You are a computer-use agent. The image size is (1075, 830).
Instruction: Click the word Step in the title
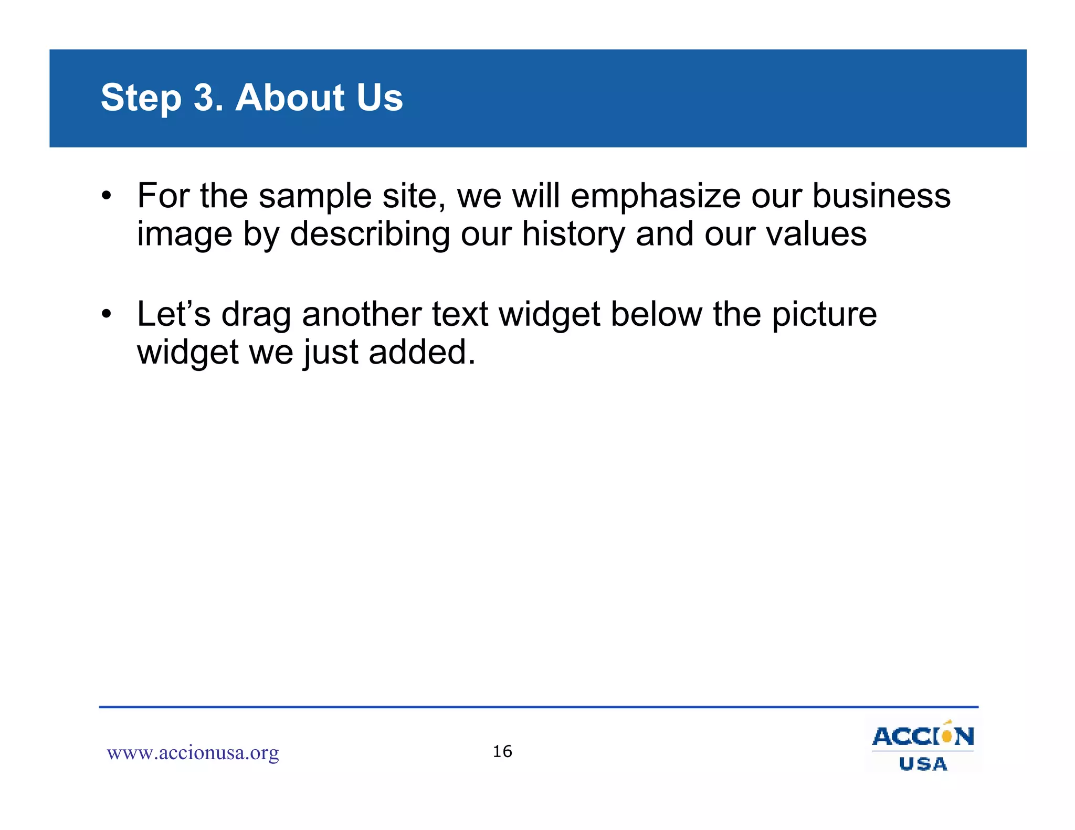[141, 98]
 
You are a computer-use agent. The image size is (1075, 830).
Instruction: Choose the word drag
[256, 315]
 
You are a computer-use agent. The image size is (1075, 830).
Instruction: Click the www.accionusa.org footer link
[193, 753]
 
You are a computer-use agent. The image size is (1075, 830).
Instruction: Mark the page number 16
[502, 751]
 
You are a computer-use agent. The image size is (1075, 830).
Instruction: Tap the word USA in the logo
[923, 764]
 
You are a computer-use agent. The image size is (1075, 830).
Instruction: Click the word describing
[370, 235]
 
